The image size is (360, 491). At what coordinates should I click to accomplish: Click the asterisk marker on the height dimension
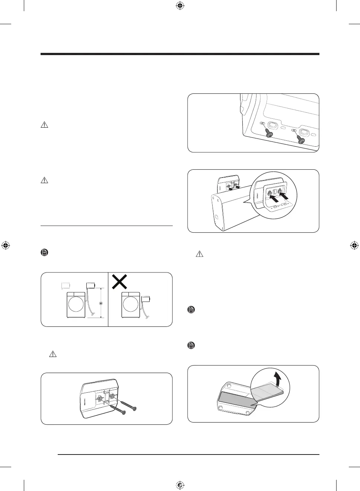101,304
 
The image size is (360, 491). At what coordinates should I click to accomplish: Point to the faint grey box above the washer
66,286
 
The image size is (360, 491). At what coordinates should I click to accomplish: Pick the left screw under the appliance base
269,133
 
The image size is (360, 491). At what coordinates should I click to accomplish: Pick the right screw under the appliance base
300,139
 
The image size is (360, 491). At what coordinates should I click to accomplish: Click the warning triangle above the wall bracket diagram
52,354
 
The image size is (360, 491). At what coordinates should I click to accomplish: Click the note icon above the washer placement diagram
44,253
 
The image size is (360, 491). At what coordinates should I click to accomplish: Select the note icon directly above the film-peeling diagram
191,345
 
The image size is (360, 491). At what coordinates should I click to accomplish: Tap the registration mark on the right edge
354,245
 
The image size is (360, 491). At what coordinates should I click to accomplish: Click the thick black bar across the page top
180,54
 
